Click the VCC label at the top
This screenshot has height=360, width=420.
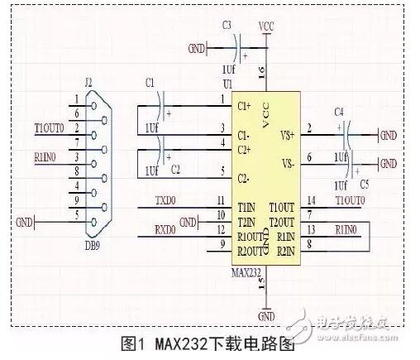(266, 26)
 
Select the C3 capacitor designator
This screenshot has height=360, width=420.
(227, 26)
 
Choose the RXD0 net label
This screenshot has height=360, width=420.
(166, 229)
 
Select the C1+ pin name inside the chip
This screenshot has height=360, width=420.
(245, 106)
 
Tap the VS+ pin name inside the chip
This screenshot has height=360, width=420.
(287, 132)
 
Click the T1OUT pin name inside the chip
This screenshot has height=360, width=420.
(282, 206)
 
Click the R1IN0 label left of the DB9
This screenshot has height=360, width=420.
(45, 156)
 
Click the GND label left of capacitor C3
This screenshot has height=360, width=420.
(196, 47)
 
